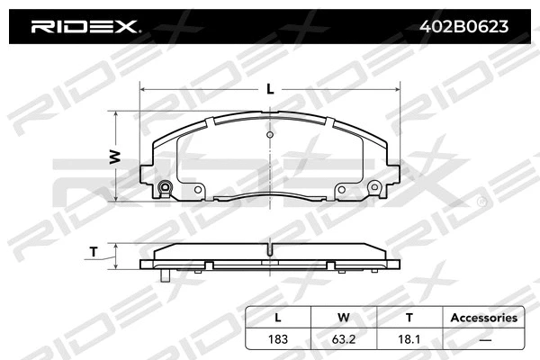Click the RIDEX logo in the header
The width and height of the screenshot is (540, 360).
pos(85,27)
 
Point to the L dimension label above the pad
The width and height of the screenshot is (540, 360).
pos(270,89)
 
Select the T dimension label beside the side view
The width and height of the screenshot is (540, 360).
pos(94,252)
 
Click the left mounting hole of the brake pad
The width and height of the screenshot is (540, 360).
pos(164,189)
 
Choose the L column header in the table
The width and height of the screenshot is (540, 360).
pos(277,318)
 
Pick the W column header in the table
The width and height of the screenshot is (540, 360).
pos(343,318)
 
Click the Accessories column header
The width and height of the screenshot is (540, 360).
pos(483,318)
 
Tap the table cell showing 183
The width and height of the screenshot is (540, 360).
pos(277,338)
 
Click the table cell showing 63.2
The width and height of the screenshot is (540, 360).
pos(343,338)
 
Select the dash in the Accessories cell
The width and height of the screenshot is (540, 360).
pos(483,338)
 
